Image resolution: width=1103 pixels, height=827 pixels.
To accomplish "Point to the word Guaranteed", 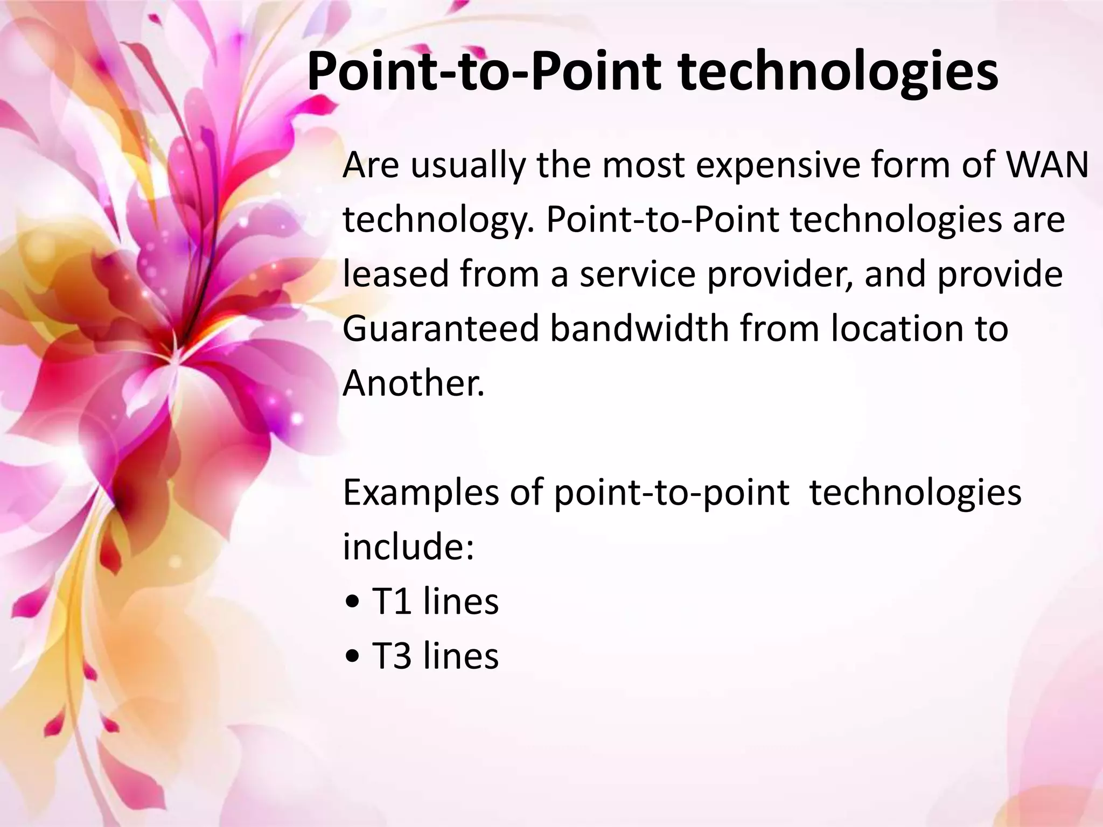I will pyautogui.click(x=441, y=328).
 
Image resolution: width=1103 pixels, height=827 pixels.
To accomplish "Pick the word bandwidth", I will pyautogui.click(x=639, y=328).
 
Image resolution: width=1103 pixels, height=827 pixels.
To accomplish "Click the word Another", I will pyautogui.click(x=414, y=383).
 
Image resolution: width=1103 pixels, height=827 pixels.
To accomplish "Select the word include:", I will pyautogui.click(x=408, y=546).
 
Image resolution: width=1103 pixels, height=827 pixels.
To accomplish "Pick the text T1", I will pyautogui.click(x=391, y=601).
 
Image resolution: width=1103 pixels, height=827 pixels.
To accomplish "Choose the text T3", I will pyautogui.click(x=391, y=656).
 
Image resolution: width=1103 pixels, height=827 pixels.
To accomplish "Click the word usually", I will pyautogui.click(x=467, y=166).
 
